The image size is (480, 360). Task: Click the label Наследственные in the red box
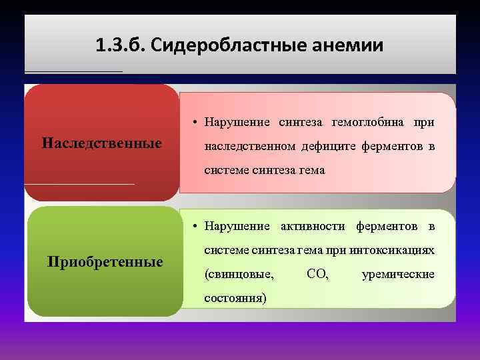click(x=101, y=143)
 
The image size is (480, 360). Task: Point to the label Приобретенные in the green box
click(x=105, y=261)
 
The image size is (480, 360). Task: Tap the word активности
click(x=313, y=226)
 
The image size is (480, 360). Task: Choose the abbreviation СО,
click(x=317, y=274)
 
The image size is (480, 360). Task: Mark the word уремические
click(x=397, y=274)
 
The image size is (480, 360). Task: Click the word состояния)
click(x=235, y=298)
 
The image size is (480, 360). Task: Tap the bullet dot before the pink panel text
click(x=191, y=123)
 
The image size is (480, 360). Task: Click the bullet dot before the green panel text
click(x=191, y=227)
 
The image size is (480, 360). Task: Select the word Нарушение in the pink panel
click(x=237, y=122)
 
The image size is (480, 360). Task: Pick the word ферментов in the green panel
click(x=387, y=226)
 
